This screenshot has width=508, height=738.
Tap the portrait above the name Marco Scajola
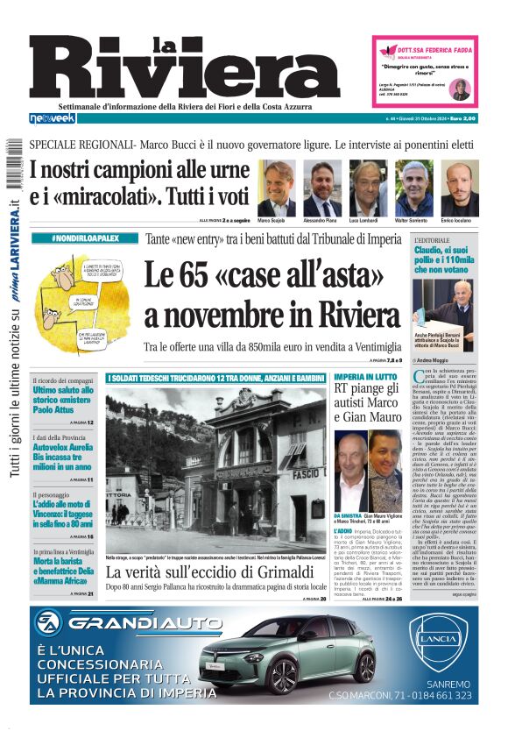(277, 188)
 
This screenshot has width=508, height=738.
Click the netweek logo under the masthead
(53, 117)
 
